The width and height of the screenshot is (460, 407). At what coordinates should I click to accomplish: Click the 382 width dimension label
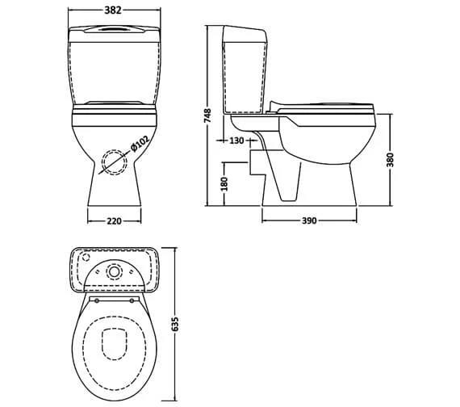coord(112,11)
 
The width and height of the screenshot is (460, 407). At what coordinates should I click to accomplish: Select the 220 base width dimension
coord(113,220)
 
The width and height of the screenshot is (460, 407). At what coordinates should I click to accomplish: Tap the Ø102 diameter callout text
coord(140,145)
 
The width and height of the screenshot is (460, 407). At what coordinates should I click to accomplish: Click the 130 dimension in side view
coord(237,141)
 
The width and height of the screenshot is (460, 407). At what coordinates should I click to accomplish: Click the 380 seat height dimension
coord(391,159)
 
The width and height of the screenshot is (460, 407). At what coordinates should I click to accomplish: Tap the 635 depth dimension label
coord(176,323)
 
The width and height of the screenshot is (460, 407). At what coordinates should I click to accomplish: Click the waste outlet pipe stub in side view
coord(255,161)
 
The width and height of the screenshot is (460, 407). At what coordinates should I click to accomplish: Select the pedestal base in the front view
coord(113,190)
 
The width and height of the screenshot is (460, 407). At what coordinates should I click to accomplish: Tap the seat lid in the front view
coord(112,103)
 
